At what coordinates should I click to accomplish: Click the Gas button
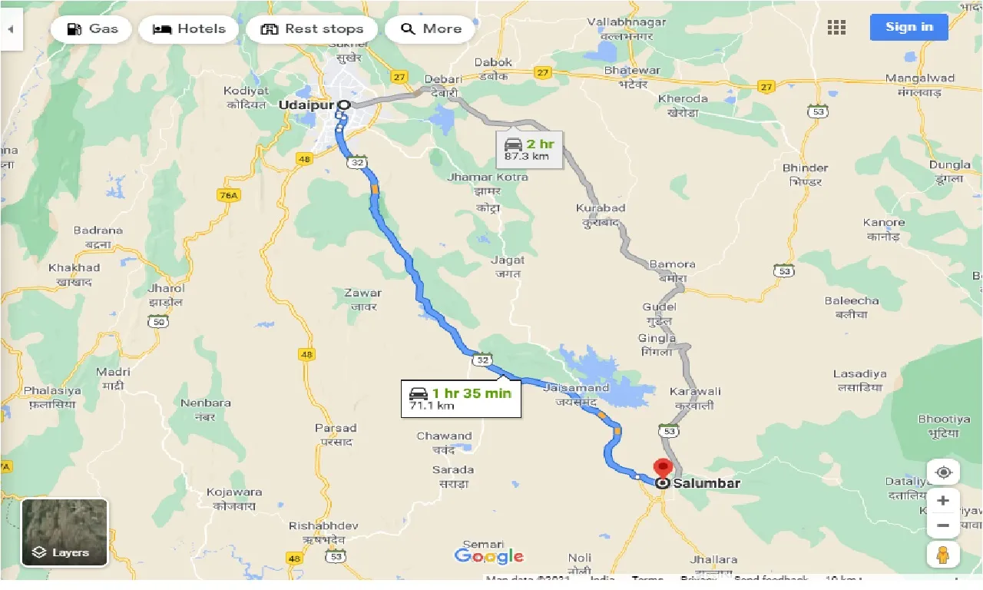(x=91, y=29)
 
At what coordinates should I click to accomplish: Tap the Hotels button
(x=189, y=29)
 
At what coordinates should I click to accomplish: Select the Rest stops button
(x=311, y=29)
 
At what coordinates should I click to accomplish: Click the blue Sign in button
(x=909, y=27)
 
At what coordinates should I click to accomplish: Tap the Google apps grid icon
(x=836, y=28)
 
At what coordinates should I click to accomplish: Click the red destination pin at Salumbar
(x=662, y=468)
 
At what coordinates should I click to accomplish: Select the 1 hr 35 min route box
(x=461, y=399)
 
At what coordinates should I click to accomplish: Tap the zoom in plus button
(x=943, y=501)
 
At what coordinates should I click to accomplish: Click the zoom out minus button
(x=943, y=526)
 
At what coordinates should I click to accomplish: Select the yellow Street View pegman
(x=943, y=554)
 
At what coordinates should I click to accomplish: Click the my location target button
(x=943, y=472)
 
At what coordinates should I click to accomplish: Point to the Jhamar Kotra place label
(x=488, y=177)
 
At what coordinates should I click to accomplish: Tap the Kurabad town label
(x=601, y=208)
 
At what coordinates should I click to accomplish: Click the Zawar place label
(x=362, y=293)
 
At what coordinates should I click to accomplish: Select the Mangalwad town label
(x=919, y=78)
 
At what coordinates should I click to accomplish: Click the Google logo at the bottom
(x=488, y=555)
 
